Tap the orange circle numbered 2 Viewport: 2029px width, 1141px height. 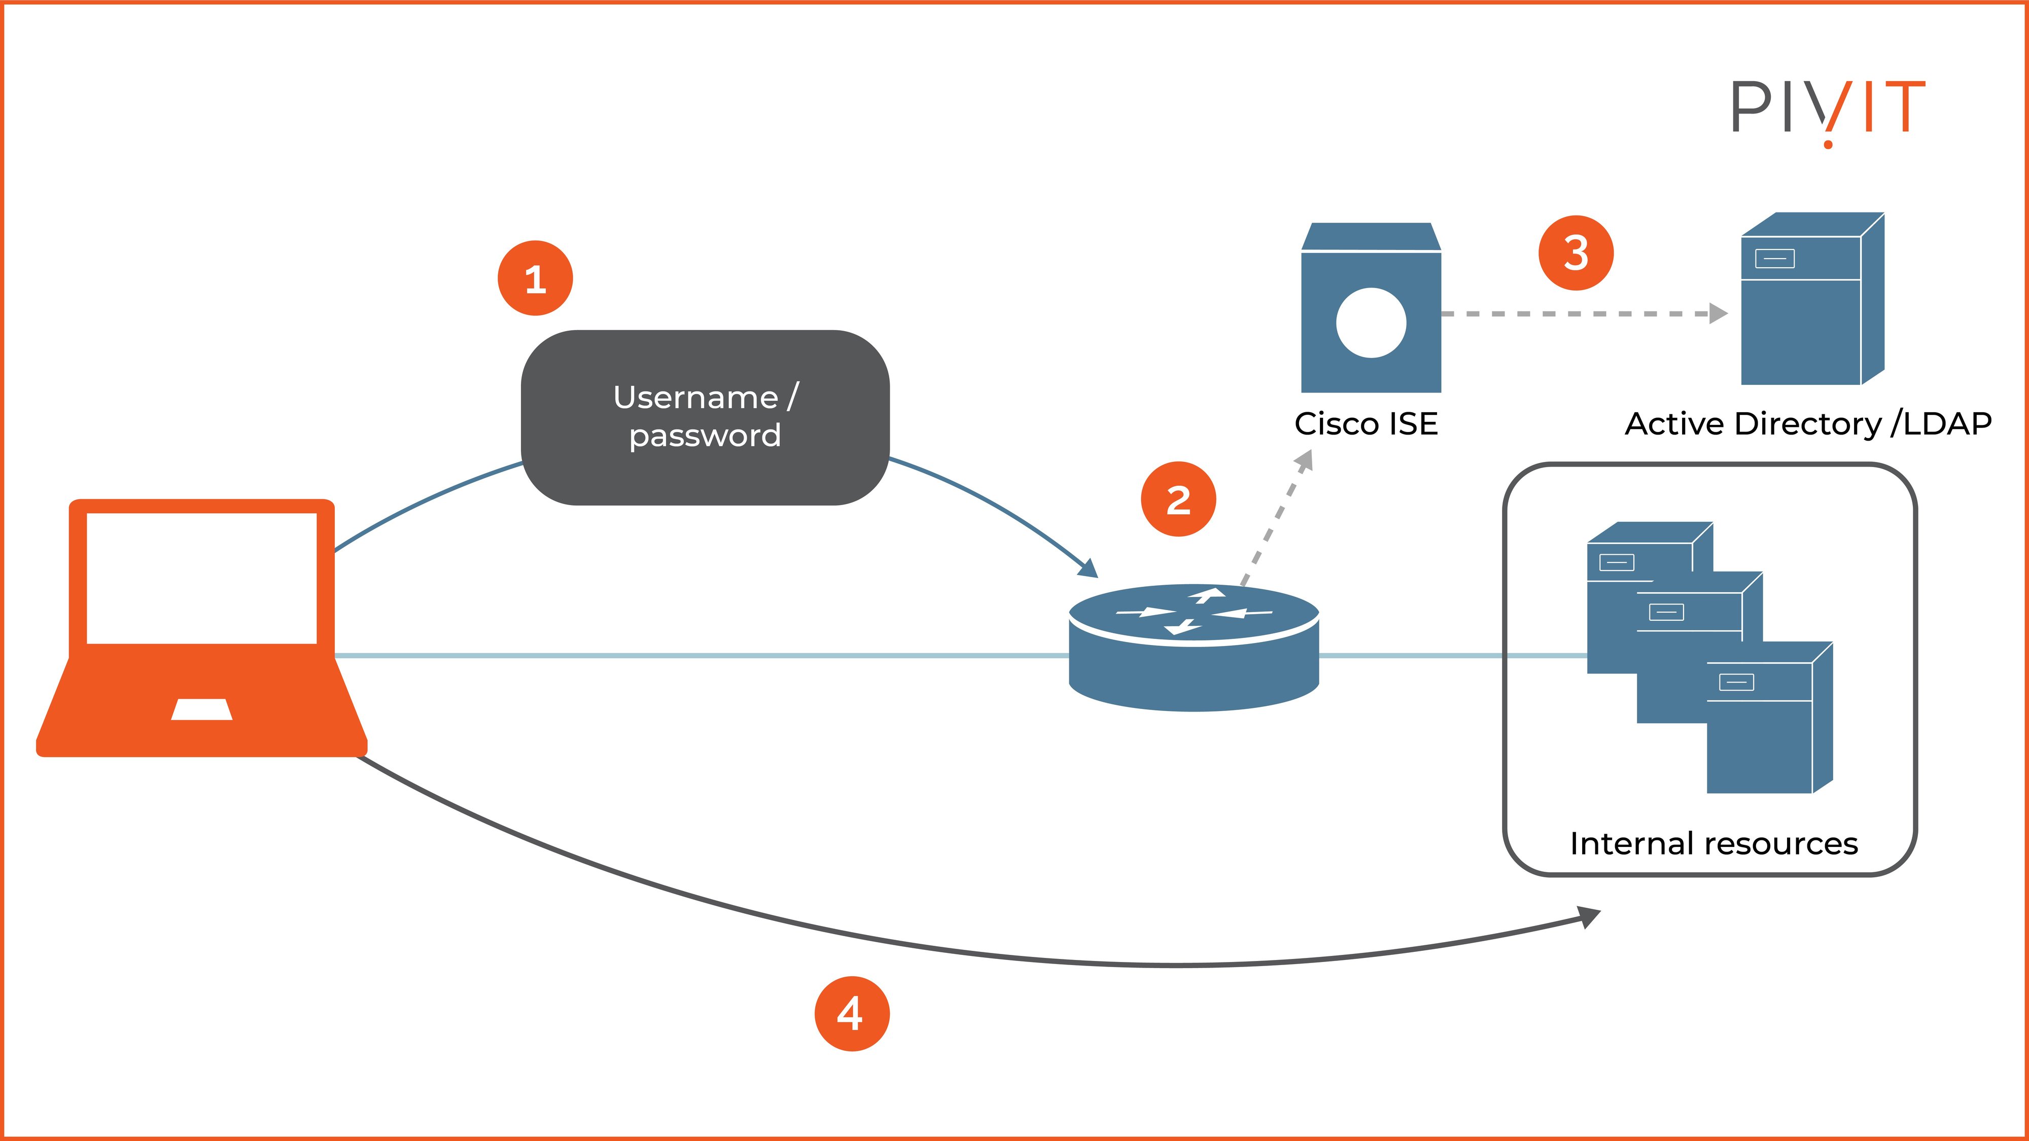click(1178, 499)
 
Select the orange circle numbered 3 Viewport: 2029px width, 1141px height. click(1576, 253)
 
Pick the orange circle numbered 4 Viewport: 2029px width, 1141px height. click(852, 1013)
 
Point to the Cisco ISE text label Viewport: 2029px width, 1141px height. click(1366, 423)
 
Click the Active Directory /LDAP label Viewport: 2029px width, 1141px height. click(1808, 423)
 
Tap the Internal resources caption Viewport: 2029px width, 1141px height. click(1714, 843)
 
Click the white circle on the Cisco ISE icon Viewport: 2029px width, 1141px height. click(1371, 323)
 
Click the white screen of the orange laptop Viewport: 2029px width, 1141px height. click(202, 578)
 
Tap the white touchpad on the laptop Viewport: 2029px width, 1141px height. click(202, 709)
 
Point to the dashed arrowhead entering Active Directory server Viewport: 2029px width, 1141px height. click(1720, 313)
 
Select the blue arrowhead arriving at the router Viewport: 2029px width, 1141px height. click(1089, 568)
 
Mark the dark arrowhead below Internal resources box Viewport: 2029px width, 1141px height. click(1590, 917)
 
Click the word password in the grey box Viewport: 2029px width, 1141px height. click(705, 436)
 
